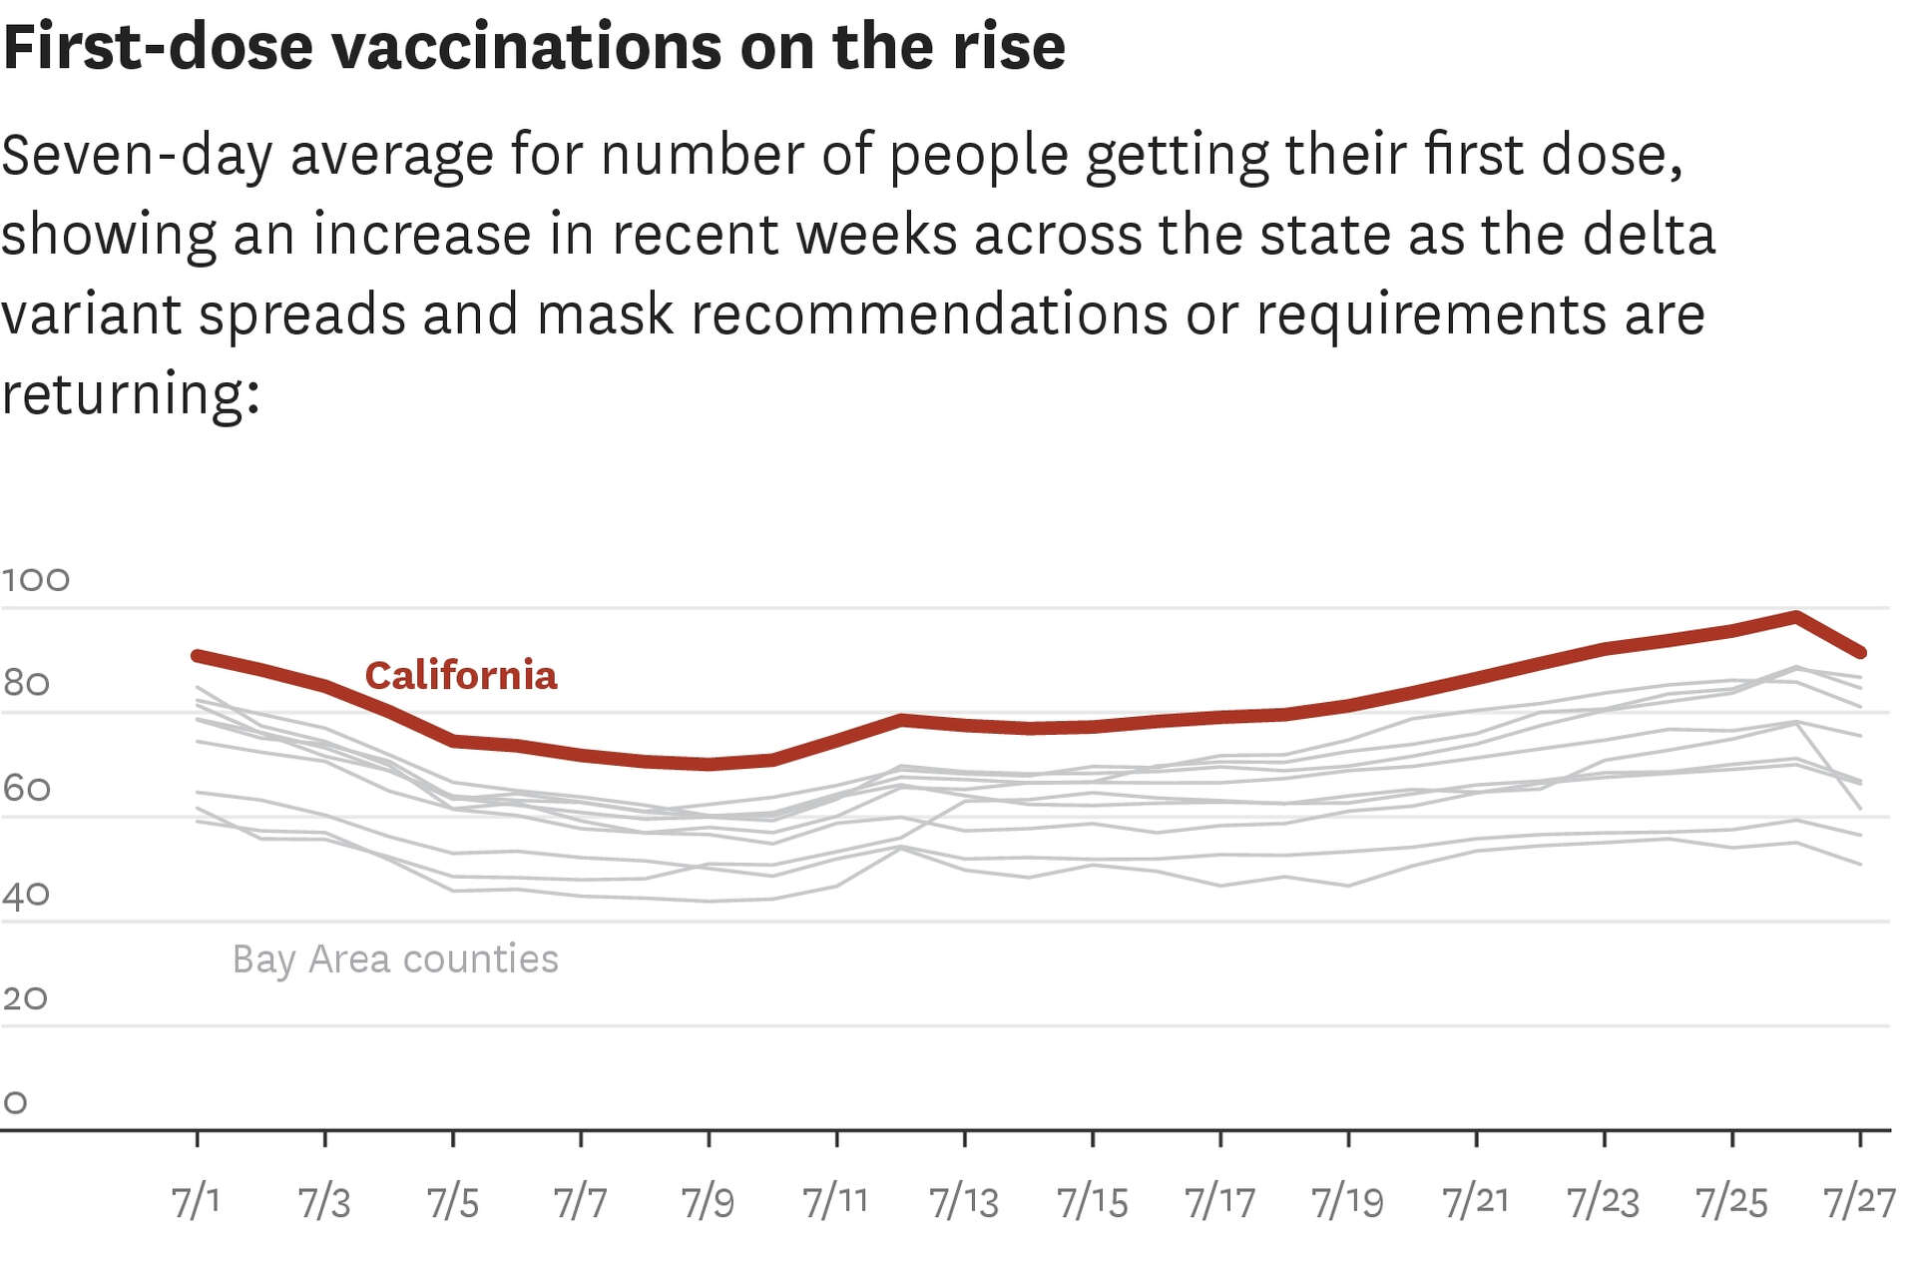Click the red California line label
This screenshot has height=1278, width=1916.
[x=460, y=676]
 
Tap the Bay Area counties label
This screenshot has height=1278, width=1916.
[x=395, y=959]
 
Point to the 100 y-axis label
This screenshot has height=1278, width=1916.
[x=36, y=580]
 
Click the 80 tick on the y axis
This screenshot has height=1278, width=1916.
[x=26, y=684]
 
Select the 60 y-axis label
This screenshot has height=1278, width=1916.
[x=26, y=789]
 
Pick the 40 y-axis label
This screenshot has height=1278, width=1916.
[x=26, y=895]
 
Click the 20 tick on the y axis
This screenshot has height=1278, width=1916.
[x=25, y=998]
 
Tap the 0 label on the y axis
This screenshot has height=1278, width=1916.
[x=15, y=1103]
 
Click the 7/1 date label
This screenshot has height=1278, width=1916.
[x=196, y=1201]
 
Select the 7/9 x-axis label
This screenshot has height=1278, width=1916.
[x=708, y=1202]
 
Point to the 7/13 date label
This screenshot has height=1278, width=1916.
[x=963, y=1202]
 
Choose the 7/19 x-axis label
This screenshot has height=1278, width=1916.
[x=1347, y=1202]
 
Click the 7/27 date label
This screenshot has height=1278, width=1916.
[x=1858, y=1202]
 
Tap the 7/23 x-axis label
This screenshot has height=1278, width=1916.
[x=1603, y=1202]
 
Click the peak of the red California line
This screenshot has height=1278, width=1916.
[x=1795, y=617]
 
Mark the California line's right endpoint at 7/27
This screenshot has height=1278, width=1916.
[x=1860, y=653]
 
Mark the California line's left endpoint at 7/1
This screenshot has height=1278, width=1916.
[x=197, y=655]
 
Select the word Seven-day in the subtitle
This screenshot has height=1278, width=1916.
[x=137, y=156]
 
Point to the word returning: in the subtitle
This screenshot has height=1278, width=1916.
[x=131, y=394]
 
